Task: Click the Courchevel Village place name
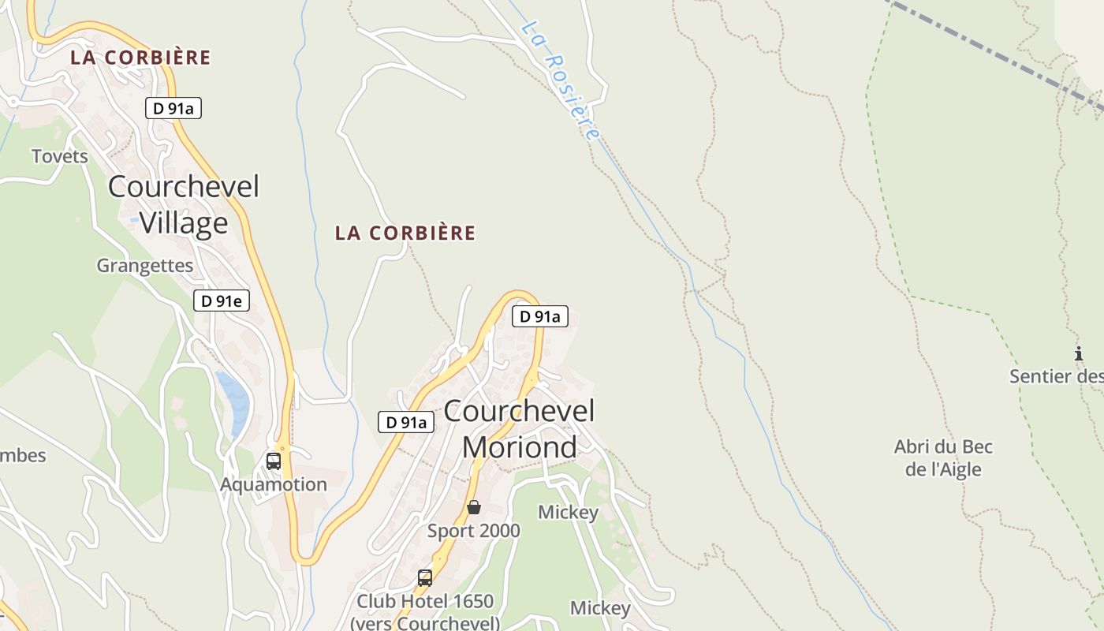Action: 184,205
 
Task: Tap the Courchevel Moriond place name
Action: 520,428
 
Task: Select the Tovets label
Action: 60,156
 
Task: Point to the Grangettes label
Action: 145,266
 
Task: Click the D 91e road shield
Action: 222,301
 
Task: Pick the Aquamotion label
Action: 274,484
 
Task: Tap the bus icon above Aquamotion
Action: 274,461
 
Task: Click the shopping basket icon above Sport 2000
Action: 474,507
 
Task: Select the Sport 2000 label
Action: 474,531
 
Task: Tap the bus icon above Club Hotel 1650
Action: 425,578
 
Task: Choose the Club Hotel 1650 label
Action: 425,601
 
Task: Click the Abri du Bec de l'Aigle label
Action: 943,458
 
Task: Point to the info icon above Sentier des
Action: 1079,354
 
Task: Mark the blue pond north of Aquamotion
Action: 234,402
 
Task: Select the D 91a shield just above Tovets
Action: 173,109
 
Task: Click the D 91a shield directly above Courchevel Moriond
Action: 540,316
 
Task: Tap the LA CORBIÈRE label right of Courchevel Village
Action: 405,233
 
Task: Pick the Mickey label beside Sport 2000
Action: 569,513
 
